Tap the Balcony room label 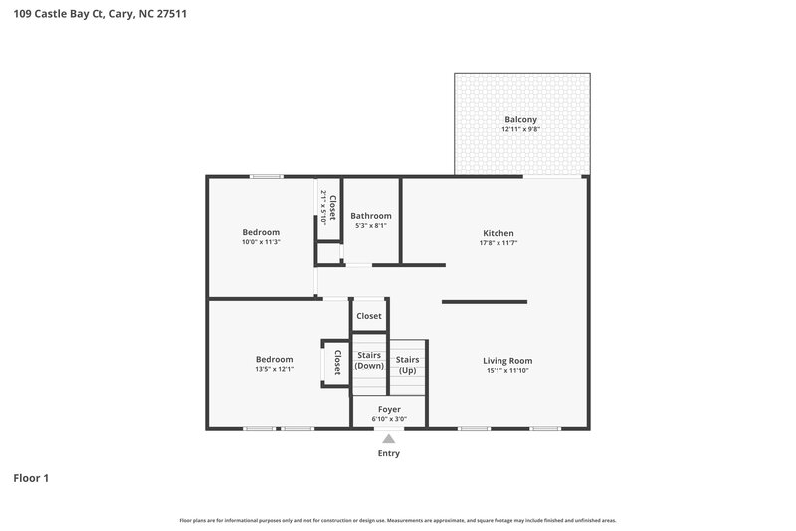point(520,119)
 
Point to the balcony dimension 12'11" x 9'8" point(520,129)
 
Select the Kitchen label point(497,233)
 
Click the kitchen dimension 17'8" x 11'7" point(497,243)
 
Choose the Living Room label point(507,361)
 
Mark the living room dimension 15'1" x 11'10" point(507,371)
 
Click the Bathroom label point(371,215)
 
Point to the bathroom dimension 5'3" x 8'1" point(371,226)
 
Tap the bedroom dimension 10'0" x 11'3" point(261,242)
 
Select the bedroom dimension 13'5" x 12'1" point(274,370)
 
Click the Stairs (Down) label point(369,361)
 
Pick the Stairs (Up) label point(407,364)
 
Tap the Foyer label point(389,409)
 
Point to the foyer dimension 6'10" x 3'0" point(389,419)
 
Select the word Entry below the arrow point(388,454)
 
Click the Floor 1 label point(31,479)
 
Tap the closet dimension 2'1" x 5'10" point(323,207)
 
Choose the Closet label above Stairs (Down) point(369,316)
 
